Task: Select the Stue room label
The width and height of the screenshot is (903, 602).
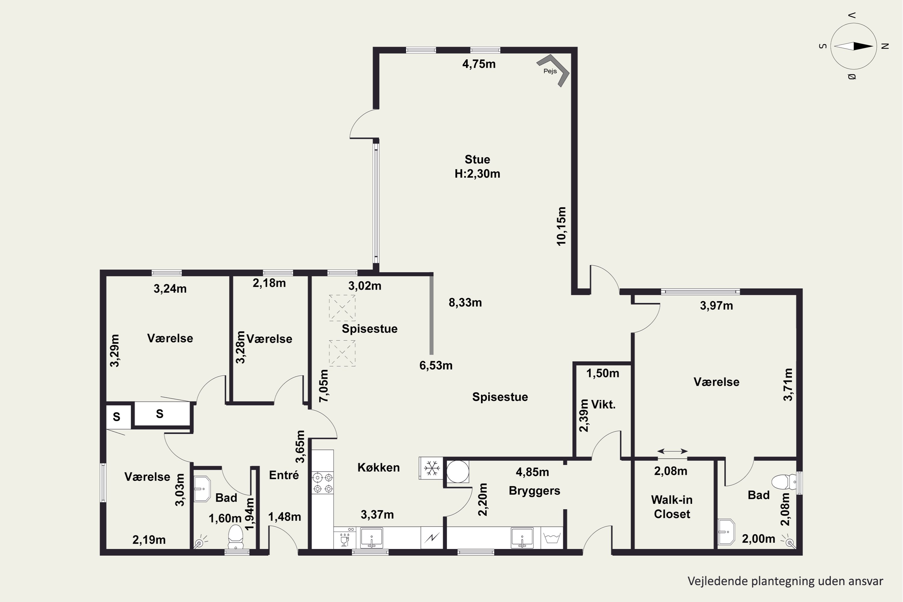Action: (x=477, y=159)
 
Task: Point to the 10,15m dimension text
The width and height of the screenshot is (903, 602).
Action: (x=561, y=226)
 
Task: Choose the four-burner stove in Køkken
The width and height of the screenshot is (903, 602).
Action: (x=322, y=483)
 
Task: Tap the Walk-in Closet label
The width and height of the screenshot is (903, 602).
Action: (x=672, y=507)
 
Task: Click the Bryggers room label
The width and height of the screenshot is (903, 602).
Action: (x=535, y=491)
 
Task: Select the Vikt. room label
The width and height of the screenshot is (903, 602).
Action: (x=603, y=404)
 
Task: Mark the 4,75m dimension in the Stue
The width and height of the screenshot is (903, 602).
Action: (x=479, y=64)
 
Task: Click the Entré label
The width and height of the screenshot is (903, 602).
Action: (x=284, y=475)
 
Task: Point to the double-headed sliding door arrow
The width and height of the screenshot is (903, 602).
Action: (x=672, y=451)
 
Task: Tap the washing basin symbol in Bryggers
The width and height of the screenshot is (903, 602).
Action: (x=552, y=538)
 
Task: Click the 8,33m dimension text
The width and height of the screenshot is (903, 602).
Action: (x=465, y=303)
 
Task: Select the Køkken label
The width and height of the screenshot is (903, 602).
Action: (x=379, y=468)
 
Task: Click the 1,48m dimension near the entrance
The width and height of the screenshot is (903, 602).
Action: (x=284, y=517)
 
